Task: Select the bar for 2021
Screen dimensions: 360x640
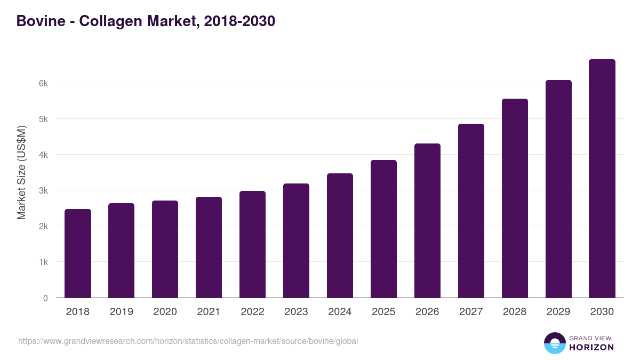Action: [209, 247]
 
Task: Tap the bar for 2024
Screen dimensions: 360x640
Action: [340, 236]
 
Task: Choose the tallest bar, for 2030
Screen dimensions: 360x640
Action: [602, 179]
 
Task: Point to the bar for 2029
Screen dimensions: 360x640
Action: [558, 189]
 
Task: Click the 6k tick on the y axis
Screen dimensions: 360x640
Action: [43, 83]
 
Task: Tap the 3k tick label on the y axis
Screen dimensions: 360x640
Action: [43, 190]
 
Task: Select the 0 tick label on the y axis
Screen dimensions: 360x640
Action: [45, 298]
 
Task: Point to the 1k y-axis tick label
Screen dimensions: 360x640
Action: [43, 262]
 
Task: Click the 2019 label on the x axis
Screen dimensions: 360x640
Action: [122, 312]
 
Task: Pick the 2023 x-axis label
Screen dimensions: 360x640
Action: [296, 312]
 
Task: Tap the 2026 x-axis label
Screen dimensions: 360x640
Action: [427, 312]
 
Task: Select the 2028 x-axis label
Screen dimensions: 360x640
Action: [515, 312]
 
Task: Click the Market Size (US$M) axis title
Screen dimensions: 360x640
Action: [21, 173]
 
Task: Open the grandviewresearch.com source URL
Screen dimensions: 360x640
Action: [188, 341]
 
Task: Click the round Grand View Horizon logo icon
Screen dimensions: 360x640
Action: [554, 343]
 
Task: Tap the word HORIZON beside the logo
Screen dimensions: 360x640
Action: [591, 347]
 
